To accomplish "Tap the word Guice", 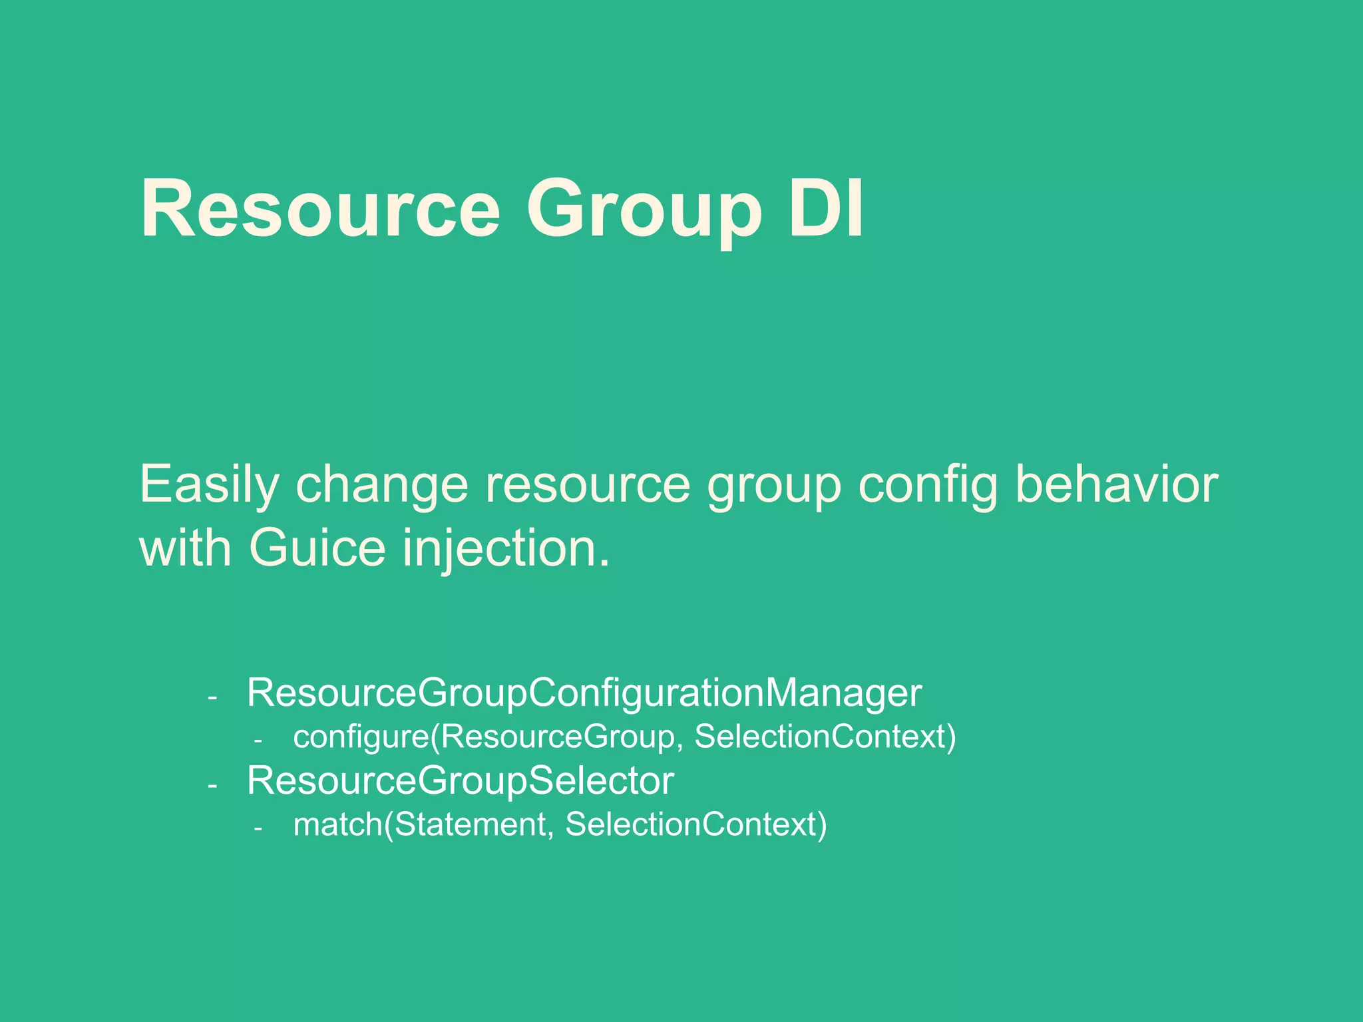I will tap(317, 548).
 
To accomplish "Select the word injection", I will tap(506, 548).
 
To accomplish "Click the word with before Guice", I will tap(186, 548).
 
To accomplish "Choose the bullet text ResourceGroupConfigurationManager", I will tap(584, 693).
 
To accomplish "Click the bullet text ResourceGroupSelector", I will tap(460, 780).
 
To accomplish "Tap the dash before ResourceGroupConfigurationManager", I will tap(212, 698).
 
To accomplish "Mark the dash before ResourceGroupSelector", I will tap(212, 786).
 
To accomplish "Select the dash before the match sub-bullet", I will tap(258, 828).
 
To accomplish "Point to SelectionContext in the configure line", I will tap(825, 737).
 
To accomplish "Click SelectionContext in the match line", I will tap(695, 824).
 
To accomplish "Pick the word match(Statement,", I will tap(423, 824).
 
